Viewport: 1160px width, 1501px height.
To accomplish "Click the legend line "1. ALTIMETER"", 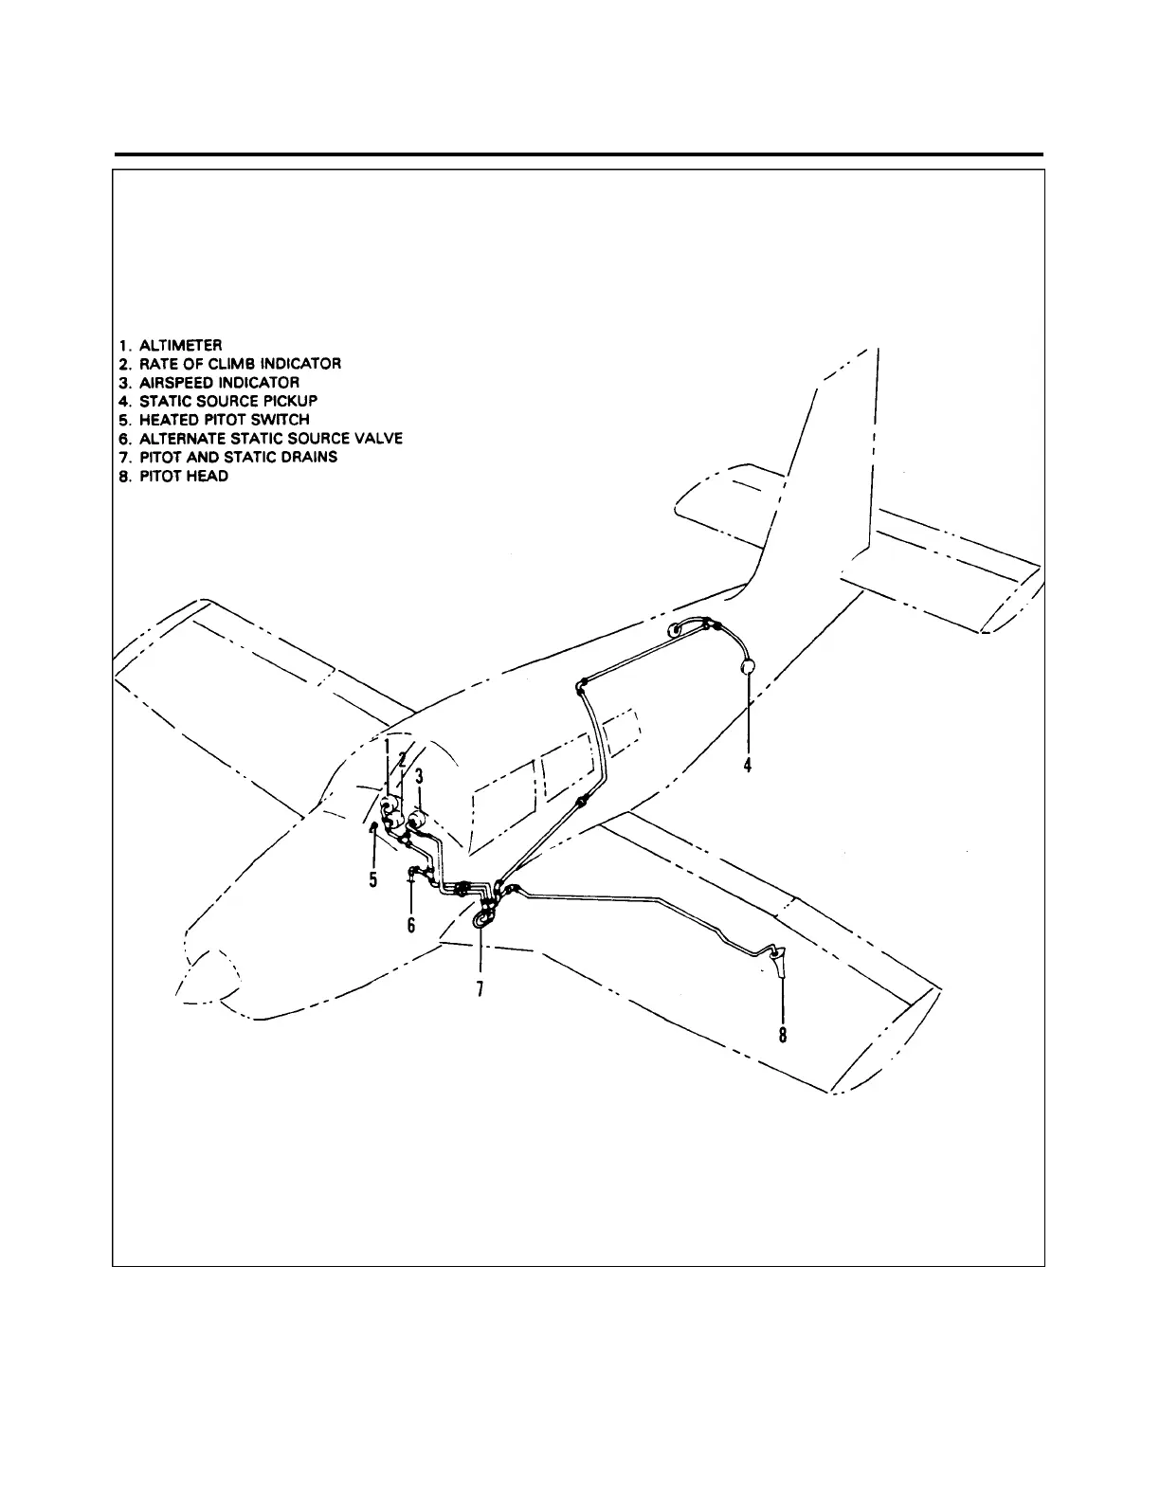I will point(168,345).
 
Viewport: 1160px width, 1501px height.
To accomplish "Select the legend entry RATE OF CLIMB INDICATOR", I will point(227,364).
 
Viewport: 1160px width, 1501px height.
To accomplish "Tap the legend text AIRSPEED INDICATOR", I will point(207,383).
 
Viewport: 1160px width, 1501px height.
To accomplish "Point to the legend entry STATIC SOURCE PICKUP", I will point(215,401).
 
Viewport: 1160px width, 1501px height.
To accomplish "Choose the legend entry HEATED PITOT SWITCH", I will point(211,420).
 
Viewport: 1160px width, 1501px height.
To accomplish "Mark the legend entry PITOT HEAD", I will point(171,476).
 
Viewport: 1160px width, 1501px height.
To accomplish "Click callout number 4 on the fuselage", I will point(748,765).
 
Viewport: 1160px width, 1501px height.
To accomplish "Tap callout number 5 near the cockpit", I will point(373,880).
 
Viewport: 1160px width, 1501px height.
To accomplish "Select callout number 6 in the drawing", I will point(411,925).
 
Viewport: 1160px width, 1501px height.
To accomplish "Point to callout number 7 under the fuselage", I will point(480,988).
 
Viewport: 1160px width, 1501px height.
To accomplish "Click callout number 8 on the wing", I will point(783,1035).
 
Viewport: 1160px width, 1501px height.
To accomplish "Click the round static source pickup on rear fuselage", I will point(748,667).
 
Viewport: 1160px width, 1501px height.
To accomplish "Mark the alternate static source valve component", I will point(414,870).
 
